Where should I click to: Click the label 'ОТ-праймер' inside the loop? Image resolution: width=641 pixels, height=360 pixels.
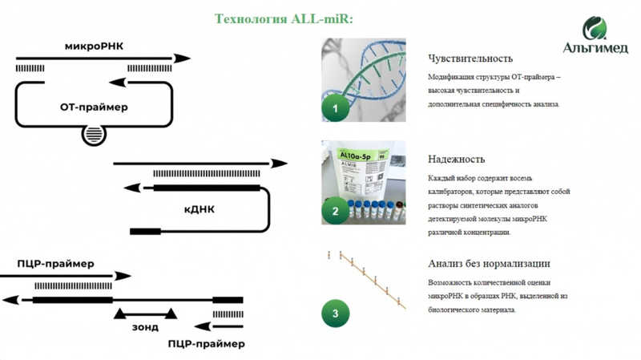(94, 107)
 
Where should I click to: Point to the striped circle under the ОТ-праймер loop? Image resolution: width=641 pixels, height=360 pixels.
(93, 136)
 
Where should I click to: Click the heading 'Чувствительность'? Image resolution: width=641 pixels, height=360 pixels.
(470, 59)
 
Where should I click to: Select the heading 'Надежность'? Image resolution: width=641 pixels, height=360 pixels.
(457, 160)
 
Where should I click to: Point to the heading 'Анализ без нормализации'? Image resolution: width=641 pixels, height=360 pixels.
(489, 264)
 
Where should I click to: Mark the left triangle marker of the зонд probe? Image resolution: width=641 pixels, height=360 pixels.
(119, 313)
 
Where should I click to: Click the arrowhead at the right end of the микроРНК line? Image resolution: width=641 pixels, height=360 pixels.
(183, 58)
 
